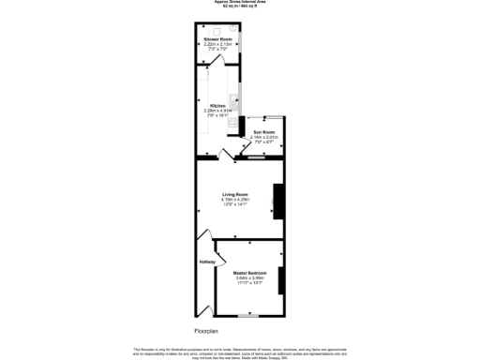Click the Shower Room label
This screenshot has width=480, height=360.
click(x=217, y=38)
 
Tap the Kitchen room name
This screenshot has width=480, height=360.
click(x=217, y=105)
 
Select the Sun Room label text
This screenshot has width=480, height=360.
click(x=264, y=132)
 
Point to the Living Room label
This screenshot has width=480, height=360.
click(x=234, y=193)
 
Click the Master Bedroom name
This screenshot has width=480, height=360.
click(x=249, y=273)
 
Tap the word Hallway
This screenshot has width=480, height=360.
click(x=206, y=262)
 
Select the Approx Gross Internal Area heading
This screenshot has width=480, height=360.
click(x=240, y=2)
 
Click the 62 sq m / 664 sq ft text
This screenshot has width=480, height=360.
click(x=240, y=6)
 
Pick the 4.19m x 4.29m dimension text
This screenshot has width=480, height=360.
click(x=234, y=199)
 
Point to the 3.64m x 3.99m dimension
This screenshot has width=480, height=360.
click(x=249, y=278)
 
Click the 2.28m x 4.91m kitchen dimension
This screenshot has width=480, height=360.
click(x=217, y=111)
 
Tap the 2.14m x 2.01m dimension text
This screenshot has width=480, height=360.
click(x=264, y=138)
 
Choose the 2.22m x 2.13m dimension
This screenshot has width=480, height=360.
click(x=217, y=44)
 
